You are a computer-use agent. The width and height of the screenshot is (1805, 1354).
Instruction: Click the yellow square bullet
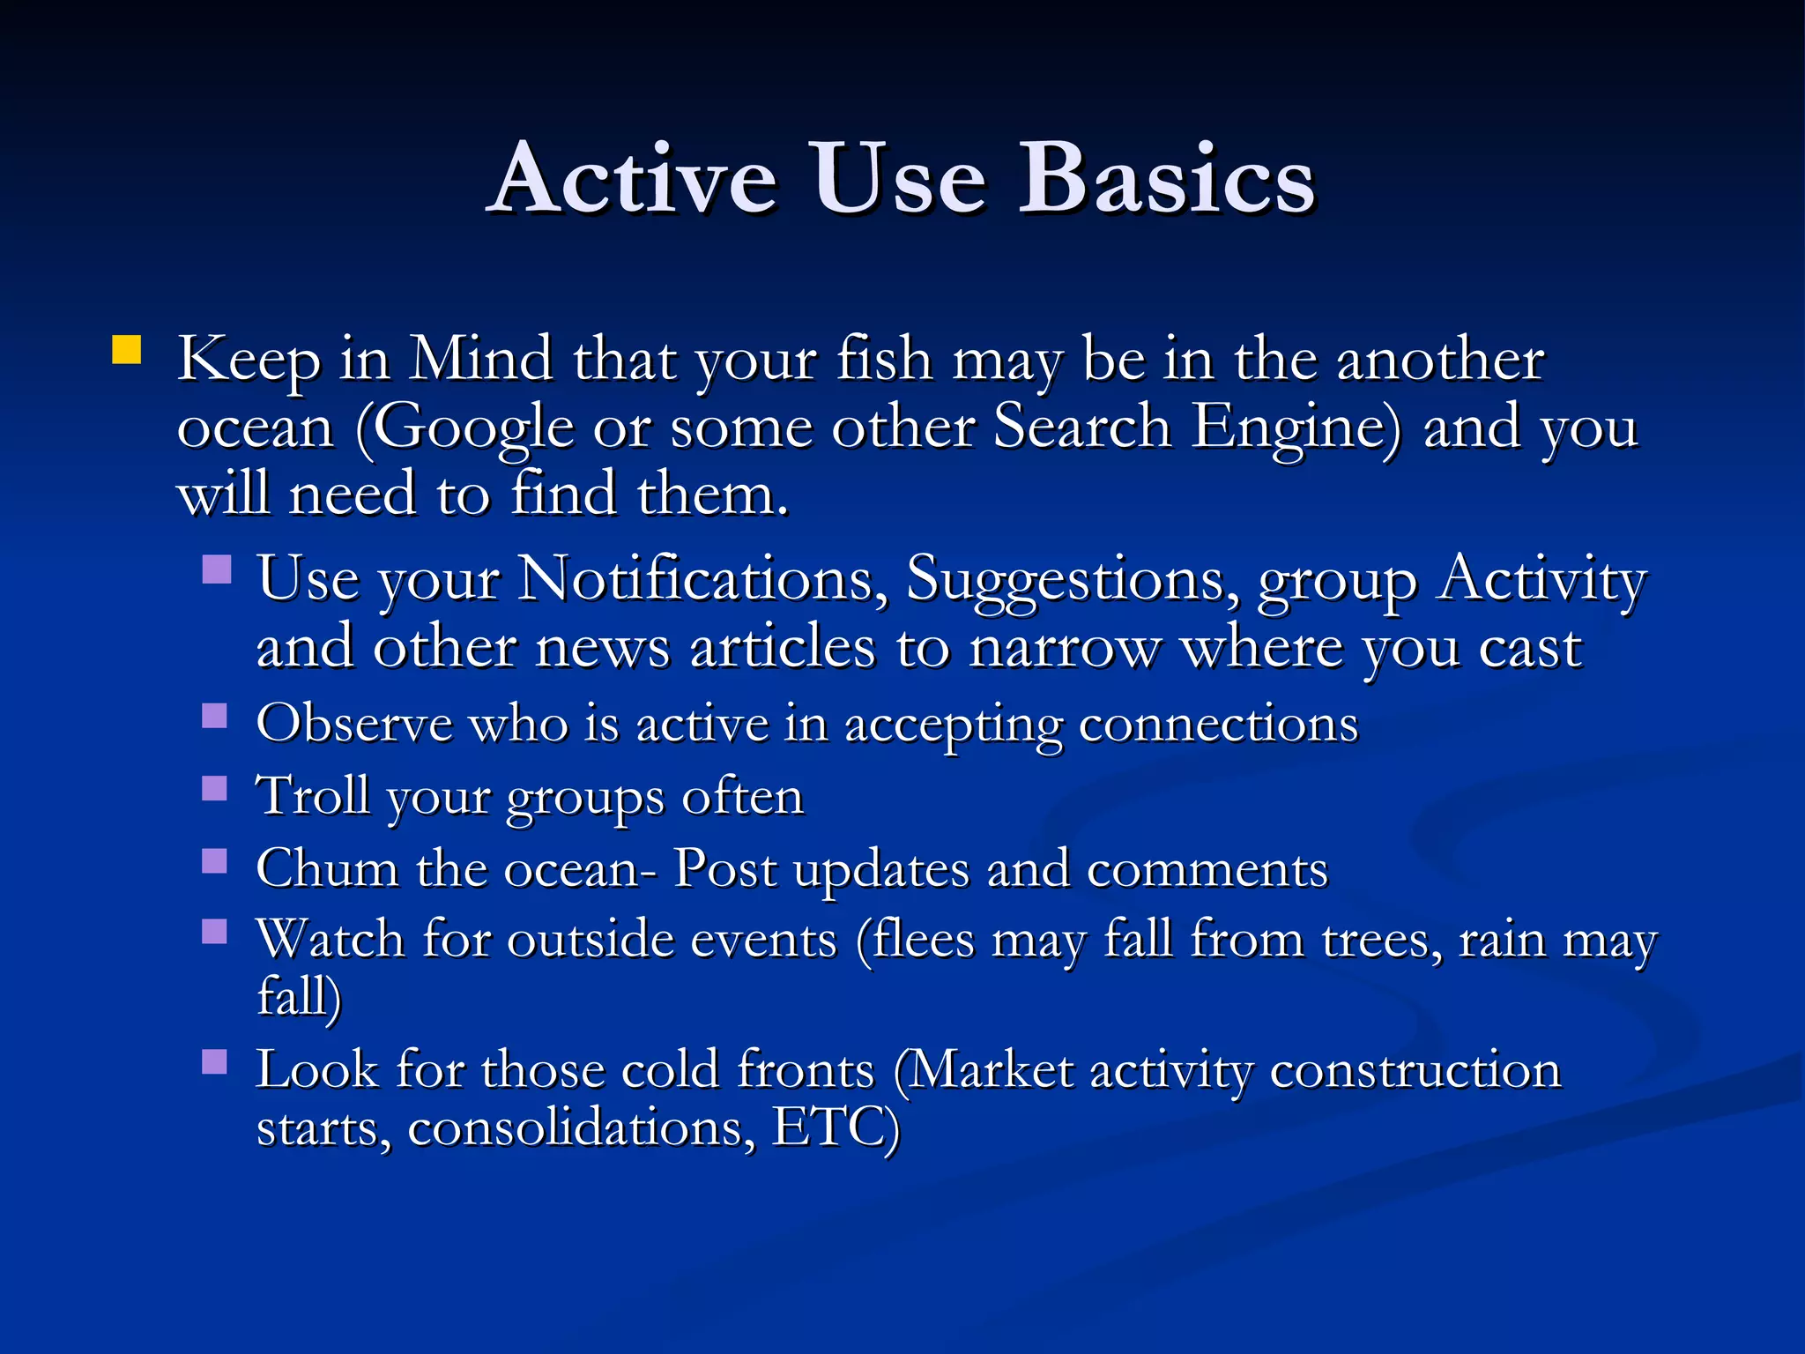(x=127, y=350)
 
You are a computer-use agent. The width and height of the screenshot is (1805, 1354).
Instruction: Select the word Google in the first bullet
(x=464, y=429)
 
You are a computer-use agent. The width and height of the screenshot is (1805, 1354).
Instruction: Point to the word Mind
(x=481, y=360)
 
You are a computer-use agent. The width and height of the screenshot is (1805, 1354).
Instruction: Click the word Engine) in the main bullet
(x=1296, y=429)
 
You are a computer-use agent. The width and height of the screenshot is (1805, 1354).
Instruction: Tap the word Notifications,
(x=702, y=580)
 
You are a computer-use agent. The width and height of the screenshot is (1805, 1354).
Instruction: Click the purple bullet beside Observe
(x=214, y=715)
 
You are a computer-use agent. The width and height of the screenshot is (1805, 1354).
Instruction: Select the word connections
(x=1218, y=725)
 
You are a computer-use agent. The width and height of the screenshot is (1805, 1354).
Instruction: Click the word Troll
(x=312, y=796)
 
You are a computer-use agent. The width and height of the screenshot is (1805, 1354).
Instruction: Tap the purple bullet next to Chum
(x=214, y=860)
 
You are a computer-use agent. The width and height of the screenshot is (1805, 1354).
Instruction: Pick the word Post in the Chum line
(x=724, y=869)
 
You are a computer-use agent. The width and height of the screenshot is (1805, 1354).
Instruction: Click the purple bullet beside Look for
(x=214, y=1061)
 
